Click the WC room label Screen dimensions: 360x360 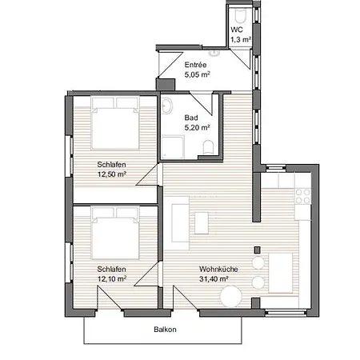coord(237,29)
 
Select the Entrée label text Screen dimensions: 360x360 coord(195,65)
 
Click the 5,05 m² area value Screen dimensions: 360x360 coord(197,74)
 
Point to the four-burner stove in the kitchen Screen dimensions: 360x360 coord(302,194)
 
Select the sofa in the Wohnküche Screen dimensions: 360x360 coord(178,222)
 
